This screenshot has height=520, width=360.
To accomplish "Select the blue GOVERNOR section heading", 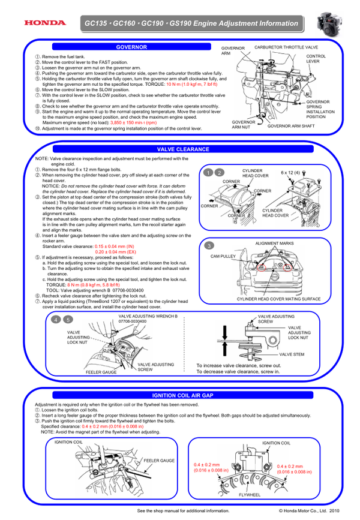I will tap(131, 46).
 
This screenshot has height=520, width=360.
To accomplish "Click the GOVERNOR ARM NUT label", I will tap(244, 124).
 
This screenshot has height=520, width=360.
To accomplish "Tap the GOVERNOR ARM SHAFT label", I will tap(291, 126).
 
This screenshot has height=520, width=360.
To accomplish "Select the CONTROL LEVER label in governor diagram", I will tap(317, 58).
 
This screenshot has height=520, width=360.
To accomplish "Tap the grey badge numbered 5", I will tap(68, 320).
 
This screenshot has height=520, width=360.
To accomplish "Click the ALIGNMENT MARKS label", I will tap(274, 244).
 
